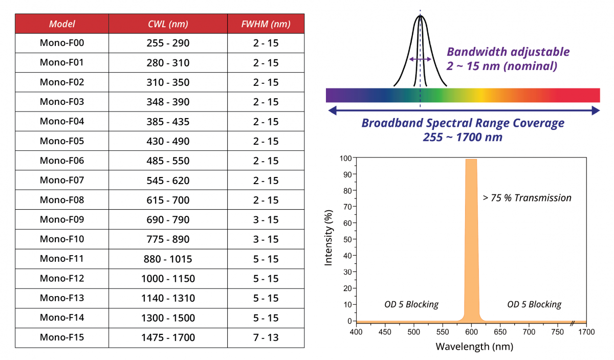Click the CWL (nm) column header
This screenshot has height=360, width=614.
(168, 24)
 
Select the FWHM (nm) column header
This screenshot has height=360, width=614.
(266, 24)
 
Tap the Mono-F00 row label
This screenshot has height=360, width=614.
(62, 43)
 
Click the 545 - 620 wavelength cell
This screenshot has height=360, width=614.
(168, 181)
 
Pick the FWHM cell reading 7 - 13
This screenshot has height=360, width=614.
(266, 337)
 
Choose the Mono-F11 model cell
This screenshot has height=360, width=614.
(62, 259)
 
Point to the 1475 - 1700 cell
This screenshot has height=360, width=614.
(168, 337)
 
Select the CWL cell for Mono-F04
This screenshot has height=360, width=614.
(168, 122)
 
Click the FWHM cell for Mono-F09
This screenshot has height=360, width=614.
(266, 220)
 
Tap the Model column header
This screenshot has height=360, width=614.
(62, 24)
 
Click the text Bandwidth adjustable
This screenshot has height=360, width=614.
(508, 52)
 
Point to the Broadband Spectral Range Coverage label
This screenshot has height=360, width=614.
(463, 123)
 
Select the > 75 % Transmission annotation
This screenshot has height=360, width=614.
(527, 198)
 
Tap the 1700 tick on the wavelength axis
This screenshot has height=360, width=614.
(586, 332)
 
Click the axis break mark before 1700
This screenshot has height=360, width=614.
(573, 322)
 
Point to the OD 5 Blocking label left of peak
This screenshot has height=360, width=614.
(411, 304)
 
